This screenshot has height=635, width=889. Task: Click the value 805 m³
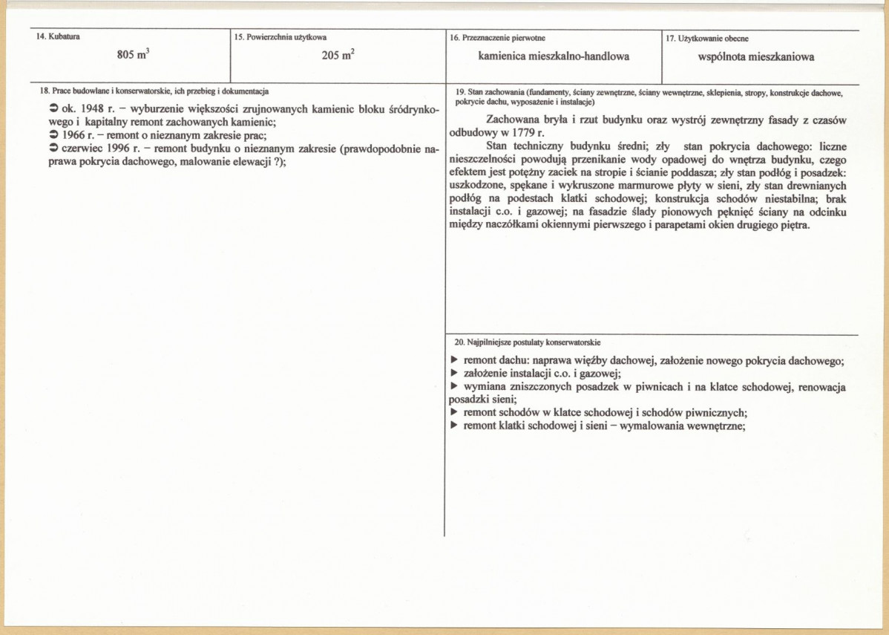point(134,55)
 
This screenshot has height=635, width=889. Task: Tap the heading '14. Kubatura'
point(59,36)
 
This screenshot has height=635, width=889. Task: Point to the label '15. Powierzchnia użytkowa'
point(280,36)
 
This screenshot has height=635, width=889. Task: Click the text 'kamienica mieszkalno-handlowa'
point(554,56)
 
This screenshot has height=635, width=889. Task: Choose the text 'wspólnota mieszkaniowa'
point(756,56)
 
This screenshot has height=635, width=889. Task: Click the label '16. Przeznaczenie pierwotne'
point(498,36)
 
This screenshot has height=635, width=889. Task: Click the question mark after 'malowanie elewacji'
point(275,163)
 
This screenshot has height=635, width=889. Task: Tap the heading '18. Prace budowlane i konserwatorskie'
point(154,91)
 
